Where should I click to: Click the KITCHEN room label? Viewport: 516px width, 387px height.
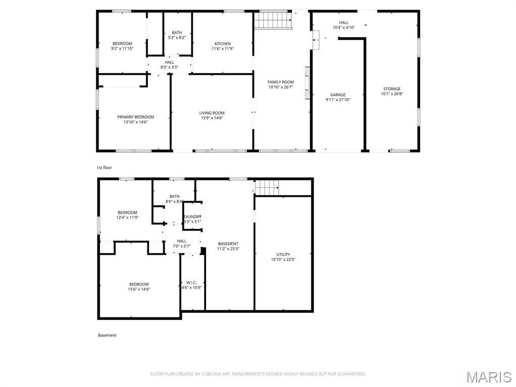(222, 44)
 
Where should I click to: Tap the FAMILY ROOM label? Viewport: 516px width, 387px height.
(281, 82)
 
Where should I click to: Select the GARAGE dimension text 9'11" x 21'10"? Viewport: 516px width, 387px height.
(338, 100)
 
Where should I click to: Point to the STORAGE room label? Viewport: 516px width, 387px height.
(392, 89)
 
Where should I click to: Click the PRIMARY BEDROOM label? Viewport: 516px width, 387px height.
(136, 117)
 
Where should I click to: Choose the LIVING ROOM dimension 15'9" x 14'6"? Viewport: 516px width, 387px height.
(212, 118)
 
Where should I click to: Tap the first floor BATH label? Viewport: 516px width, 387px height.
(177, 33)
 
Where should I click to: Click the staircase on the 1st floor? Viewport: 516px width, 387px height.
(273, 21)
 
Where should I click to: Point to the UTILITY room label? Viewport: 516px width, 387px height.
(283, 254)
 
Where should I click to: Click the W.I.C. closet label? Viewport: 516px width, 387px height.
(191, 282)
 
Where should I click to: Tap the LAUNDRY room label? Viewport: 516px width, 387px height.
(192, 217)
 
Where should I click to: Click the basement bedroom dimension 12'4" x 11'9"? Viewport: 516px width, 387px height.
(127, 218)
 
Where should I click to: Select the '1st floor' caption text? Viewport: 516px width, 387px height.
(104, 168)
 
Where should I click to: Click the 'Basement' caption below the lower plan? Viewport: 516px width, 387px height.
(107, 335)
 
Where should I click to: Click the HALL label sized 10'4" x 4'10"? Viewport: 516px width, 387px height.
(344, 28)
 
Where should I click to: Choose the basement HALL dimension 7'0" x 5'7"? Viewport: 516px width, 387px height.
(181, 246)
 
